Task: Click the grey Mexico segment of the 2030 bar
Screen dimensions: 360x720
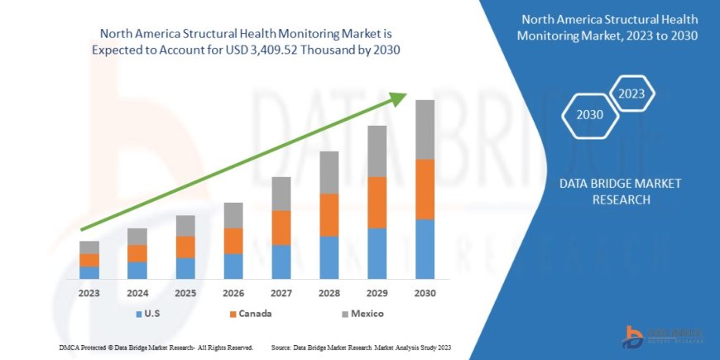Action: coord(425,129)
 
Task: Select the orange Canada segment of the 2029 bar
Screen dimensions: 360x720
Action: coord(377,202)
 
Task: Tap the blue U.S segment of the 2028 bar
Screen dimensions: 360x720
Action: coord(329,257)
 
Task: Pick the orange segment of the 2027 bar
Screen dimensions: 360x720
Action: coord(281,228)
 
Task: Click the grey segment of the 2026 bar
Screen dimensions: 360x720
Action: coord(233,215)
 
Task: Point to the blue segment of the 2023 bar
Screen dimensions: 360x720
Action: coord(89,272)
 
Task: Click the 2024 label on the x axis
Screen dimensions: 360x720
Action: coord(137,293)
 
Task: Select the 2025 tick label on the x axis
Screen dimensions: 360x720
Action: coord(185,293)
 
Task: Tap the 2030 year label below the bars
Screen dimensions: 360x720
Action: coord(425,293)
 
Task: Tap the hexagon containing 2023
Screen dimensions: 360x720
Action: coord(632,93)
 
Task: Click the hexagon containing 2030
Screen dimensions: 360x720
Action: coord(590,115)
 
